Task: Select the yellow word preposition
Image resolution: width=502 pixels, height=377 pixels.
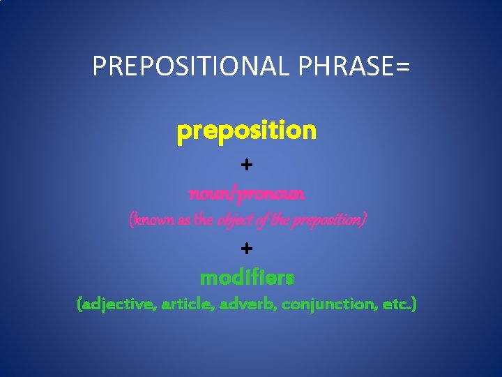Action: [247, 131]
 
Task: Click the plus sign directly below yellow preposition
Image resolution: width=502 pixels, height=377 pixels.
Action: [247, 165]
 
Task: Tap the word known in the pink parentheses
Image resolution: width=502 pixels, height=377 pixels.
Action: [153, 220]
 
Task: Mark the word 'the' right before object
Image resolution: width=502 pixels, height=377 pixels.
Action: [204, 220]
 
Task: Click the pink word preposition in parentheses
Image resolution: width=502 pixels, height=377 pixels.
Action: [322, 220]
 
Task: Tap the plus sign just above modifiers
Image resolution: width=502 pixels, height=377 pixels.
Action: [247, 249]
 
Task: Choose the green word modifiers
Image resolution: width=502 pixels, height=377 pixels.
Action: [247, 278]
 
